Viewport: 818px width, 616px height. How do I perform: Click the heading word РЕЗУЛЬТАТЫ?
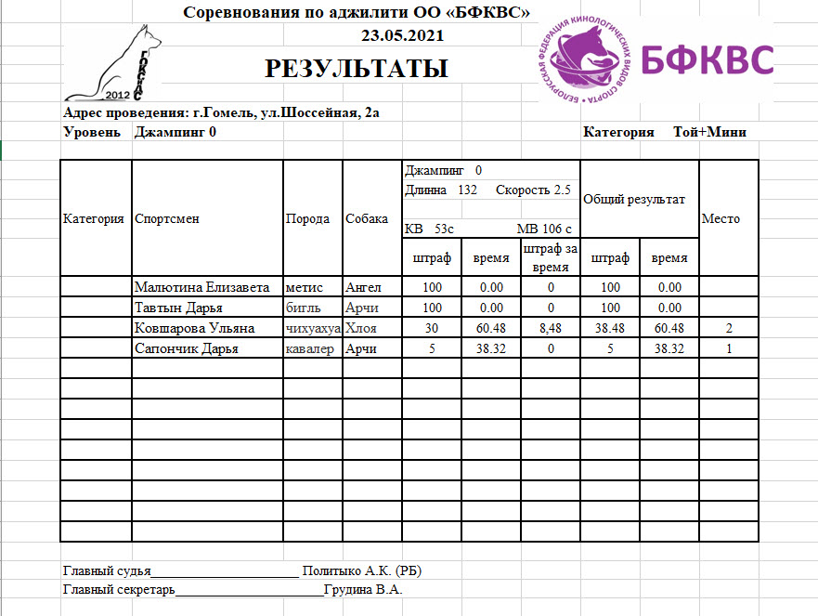click(357, 69)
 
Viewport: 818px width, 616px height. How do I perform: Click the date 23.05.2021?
click(402, 36)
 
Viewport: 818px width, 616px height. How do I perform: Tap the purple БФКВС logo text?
click(708, 59)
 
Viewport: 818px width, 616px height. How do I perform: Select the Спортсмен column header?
click(167, 219)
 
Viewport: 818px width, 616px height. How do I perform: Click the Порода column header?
click(307, 219)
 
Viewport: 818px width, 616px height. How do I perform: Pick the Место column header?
click(721, 219)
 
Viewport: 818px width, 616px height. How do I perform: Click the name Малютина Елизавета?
click(201, 288)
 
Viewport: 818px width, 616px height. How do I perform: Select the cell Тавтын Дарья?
click(178, 308)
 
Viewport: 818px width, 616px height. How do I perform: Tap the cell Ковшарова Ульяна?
click(194, 328)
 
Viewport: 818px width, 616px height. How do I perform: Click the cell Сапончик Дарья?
click(187, 349)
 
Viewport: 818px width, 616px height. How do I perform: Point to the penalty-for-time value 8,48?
click(550, 328)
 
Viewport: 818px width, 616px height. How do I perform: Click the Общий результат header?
click(634, 200)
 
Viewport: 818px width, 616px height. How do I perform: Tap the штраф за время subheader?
click(550, 257)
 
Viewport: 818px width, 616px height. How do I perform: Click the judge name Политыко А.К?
click(363, 570)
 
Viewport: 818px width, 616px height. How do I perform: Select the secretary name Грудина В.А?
click(363, 589)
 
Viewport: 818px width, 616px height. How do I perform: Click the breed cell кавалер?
click(310, 349)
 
